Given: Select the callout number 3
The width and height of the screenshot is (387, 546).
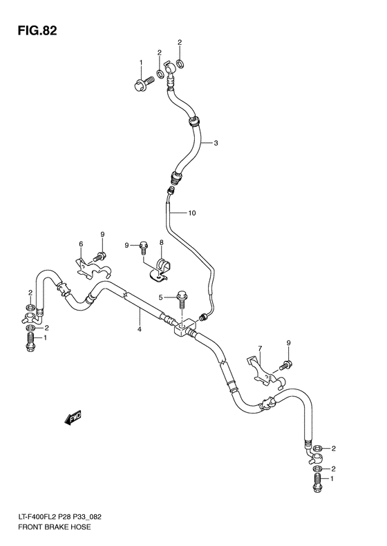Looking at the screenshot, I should pos(216,144).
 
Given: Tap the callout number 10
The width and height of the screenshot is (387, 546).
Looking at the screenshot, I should pos(192,213).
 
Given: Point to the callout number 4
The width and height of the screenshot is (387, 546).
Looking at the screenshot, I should pos(139,329).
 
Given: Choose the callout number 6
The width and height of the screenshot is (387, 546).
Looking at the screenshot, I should pos(80,244).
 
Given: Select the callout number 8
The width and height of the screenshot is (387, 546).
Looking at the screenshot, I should pos(160,243).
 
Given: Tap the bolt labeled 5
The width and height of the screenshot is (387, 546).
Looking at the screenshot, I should pos(182,298).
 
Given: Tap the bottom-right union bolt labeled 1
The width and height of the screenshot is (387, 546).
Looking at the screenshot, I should pos(317,485).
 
